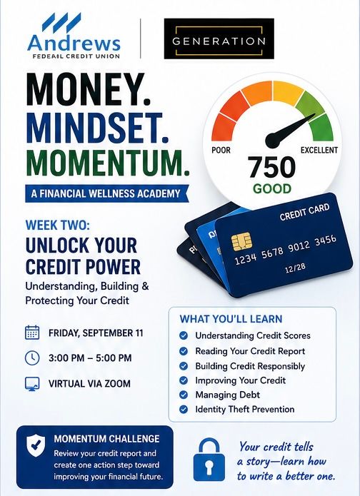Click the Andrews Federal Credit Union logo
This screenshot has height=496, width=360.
coord(74,36)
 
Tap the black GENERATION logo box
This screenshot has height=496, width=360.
coord(219,39)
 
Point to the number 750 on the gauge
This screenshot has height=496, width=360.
coord(271,167)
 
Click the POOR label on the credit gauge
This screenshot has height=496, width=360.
coord(221,150)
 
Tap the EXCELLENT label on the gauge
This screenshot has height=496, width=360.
coord(319,150)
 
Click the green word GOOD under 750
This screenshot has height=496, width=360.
coord(272,189)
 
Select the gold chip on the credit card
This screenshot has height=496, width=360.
coord(241,242)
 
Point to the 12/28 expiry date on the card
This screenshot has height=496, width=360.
coord(295,268)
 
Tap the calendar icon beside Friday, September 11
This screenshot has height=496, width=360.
coord(32,333)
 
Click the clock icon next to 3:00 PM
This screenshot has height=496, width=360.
coord(32,358)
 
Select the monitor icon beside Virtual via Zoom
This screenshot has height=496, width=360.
coord(32,384)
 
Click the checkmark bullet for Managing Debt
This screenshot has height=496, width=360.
coord(184,395)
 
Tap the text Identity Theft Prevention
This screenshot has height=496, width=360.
coord(245,410)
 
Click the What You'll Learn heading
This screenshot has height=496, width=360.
coord(231,319)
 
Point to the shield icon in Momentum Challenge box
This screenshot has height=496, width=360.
coord(36,445)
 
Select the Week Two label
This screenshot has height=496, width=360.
coord(58,225)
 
